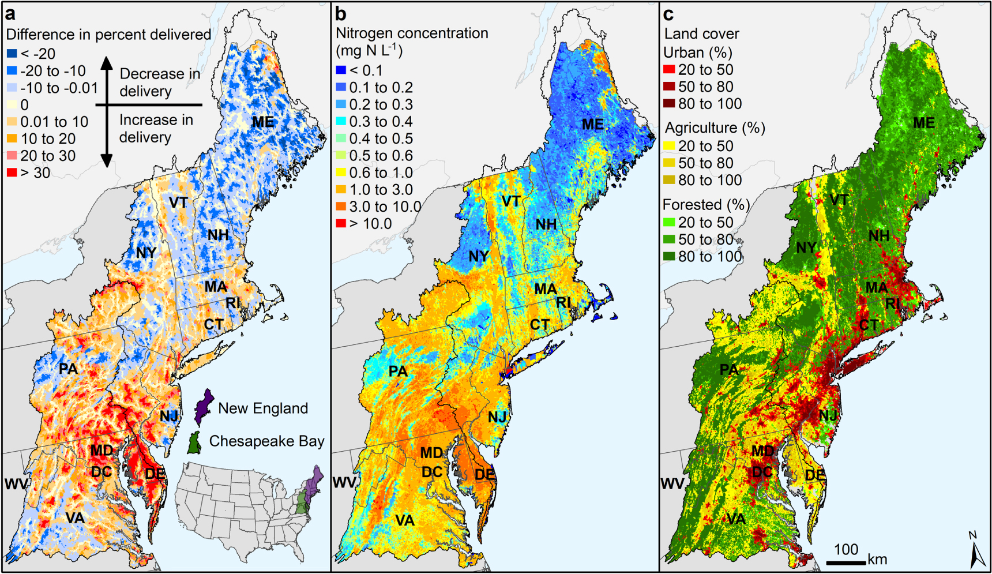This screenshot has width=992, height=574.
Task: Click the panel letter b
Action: (x=341, y=13)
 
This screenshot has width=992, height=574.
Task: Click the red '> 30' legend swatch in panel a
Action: (x=12, y=172)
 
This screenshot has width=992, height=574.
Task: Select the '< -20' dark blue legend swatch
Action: (x=12, y=54)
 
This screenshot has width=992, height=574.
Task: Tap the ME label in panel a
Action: (x=262, y=122)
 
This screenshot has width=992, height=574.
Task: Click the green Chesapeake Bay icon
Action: (x=195, y=442)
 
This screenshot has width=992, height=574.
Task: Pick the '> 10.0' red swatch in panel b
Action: (x=341, y=224)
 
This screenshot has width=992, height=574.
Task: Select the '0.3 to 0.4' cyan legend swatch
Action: (x=341, y=122)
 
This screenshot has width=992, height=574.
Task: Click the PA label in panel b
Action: (x=398, y=371)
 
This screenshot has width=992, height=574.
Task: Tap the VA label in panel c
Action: (x=736, y=519)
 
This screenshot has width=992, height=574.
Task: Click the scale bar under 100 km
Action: (x=846, y=562)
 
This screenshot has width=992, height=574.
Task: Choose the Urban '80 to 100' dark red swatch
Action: (x=669, y=104)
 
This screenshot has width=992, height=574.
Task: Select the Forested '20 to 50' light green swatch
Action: (x=669, y=222)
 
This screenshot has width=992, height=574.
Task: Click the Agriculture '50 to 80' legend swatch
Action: (x=669, y=163)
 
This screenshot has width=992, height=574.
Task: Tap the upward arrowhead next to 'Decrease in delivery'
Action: (x=107, y=62)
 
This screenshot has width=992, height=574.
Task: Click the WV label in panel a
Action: (x=16, y=483)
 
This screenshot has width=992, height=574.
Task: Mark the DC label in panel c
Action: (x=762, y=472)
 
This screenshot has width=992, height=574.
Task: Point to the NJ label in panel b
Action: (x=497, y=417)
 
